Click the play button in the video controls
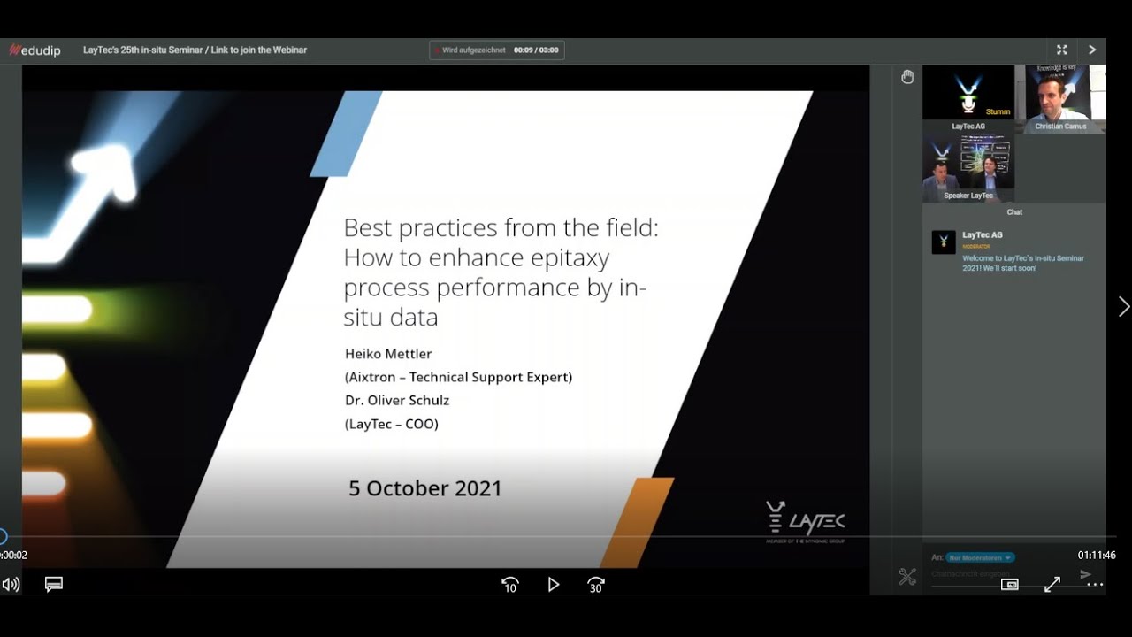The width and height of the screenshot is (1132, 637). pyautogui.click(x=554, y=585)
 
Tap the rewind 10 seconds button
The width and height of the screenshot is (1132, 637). pyautogui.click(x=510, y=585)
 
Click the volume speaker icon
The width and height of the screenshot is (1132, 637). pyautogui.click(x=11, y=585)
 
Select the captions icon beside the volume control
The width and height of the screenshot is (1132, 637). pyautogui.click(x=54, y=585)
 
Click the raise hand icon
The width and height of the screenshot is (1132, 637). pyautogui.click(x=907, y=77)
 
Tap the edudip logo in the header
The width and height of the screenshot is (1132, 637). pyautogui.click(x=34, y=50)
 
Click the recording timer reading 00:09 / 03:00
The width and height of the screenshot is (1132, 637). pyautogui.click(x=536, y=50)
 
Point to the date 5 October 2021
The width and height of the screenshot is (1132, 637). pyautogui.click(x=424, y=488)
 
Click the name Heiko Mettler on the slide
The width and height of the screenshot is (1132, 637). pyautogui.click(x=388, y=354)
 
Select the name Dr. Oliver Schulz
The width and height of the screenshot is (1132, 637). pyautogui.click(x=397, y=400)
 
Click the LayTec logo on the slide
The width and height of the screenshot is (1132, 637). pyautogui.click(x=805, y=521)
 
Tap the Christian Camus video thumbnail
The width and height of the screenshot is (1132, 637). pyautogui.click(x=1060, y=97)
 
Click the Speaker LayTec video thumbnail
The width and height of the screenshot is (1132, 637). pyautogui.click(x=968, y=165)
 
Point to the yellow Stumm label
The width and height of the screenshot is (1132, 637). pyautogui.click(x=998, y=112)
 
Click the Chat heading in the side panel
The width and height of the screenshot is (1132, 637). pyautogui.click(x=1014, y=212)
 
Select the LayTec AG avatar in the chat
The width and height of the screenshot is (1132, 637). pyautogui.click(x=944, y=242)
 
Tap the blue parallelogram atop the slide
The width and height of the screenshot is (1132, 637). pyautogui.click(x=346, y=133)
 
